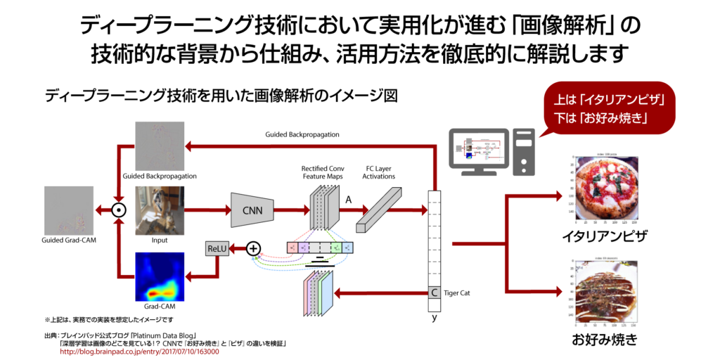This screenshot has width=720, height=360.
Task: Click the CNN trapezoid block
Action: pos(252,210)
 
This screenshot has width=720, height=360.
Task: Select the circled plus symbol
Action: pos(253,247)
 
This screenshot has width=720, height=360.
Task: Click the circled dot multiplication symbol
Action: pos(119,210)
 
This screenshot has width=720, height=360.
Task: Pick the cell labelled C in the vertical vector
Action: pos(435,292)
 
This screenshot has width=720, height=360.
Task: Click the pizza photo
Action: pos(605,189)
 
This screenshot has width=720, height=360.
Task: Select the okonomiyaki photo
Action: pos(605,292)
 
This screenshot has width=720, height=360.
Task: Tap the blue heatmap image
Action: pos(160,277)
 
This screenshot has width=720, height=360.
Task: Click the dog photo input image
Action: pos(160,210)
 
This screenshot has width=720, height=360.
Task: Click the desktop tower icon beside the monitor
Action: pos(523,151)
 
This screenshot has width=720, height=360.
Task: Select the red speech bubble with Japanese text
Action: pos(610,108)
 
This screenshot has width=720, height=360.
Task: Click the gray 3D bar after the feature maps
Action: pos(378,210)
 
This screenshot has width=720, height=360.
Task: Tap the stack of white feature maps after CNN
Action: pos(324,207)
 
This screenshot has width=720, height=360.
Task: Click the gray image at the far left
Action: pos(69,210)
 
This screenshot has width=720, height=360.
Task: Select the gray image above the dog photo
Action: pos(160,146)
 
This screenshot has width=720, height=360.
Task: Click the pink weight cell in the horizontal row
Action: pos(292,247)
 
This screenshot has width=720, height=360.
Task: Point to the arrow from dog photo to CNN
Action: pos(207,210)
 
